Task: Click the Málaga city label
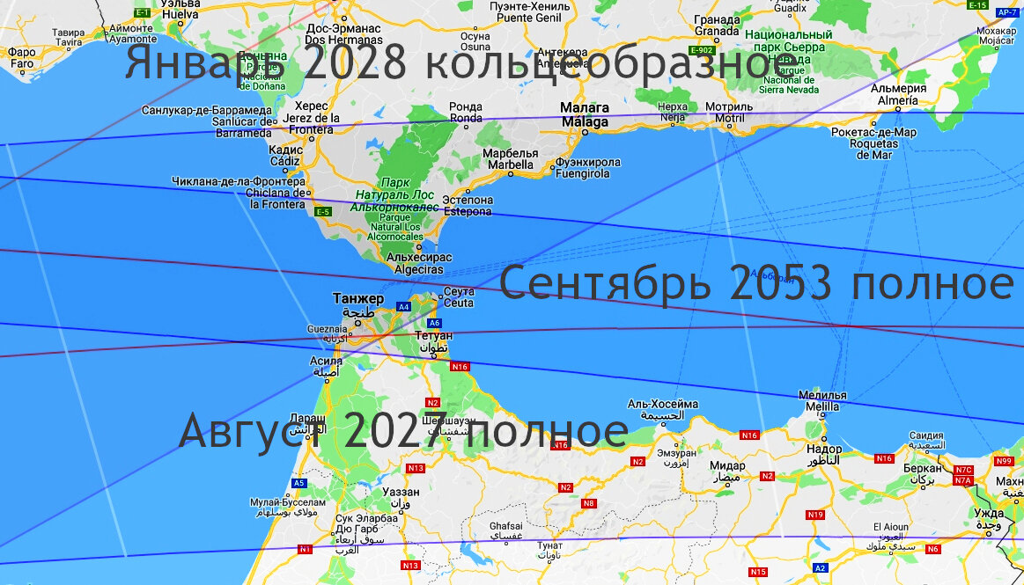(x=585, y=115)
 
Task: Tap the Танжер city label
(x=357, y=298)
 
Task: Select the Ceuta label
(x=459, y=297)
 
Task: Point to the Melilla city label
(x=821, y=401)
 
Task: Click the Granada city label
(x=716, y=25)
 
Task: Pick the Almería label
(x=898, y=94)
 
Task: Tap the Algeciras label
(x=419, y=263)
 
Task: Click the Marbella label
(x=510, y=158)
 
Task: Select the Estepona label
(x=467, y=206)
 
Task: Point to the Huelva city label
(x=180, y=10)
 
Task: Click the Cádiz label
(x=284, y=156)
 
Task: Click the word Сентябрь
(x=608, y=284)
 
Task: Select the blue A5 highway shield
(x=298, y=483)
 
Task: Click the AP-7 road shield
(x=1008, y=12)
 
